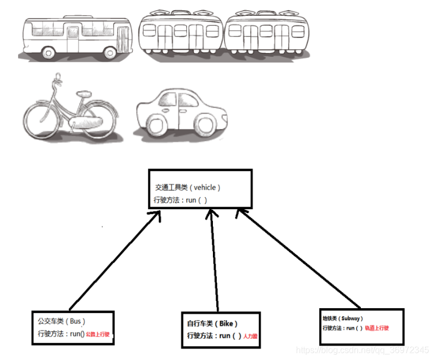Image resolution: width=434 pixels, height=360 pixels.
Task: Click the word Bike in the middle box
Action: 225,323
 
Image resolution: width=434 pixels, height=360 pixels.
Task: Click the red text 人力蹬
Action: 251,336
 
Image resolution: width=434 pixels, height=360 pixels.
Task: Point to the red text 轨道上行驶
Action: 377,328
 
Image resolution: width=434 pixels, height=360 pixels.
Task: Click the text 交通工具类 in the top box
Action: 170,187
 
